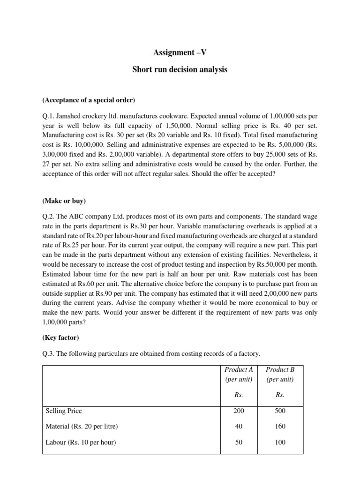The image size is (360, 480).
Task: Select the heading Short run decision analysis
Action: coord(180,70)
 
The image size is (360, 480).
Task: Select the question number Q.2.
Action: coord(49,216)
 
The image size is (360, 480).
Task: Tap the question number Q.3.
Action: coord(49,352)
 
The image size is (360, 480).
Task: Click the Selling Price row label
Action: coord(63,411)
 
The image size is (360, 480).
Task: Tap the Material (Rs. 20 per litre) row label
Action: coord(82,427)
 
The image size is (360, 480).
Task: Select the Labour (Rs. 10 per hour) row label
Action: coord(80,442)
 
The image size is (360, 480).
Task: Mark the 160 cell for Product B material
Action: coord(280,427)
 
